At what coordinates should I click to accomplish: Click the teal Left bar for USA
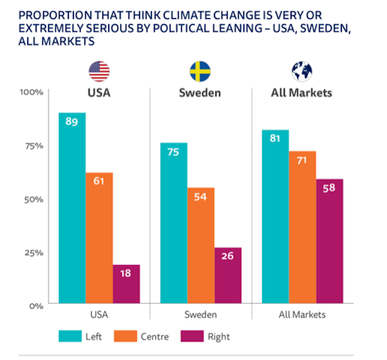72,208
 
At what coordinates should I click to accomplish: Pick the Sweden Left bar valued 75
173,223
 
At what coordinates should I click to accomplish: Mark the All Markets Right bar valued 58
330,241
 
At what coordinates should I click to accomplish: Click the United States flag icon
99,71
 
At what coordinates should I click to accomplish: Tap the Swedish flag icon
200,71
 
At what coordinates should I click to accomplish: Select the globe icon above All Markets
302,71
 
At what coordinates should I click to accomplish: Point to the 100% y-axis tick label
33,92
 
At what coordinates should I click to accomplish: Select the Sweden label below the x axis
200,315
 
